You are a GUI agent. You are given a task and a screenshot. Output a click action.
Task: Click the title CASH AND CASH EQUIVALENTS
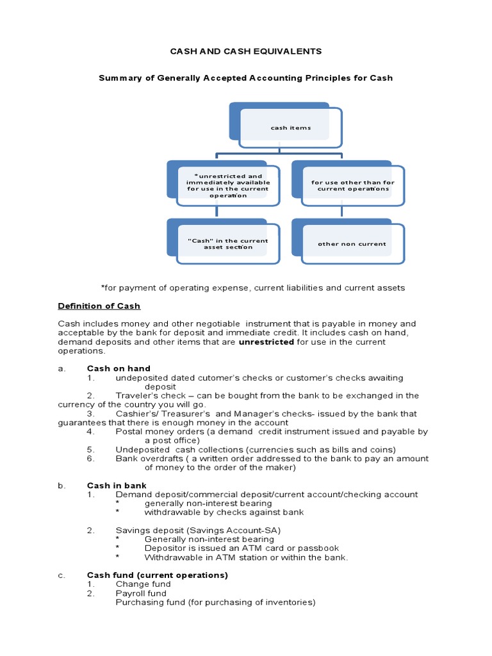pyautogui.click(x=245, y=51)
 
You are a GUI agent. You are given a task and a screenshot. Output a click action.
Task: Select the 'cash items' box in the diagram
pyautogui.click(x=285, y=124)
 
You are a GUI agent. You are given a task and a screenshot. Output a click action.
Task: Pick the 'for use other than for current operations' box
pyautogui.click(x=353, y=185)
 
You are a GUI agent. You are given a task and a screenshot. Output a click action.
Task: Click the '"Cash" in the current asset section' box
pyautogui.click(x=227, y=243)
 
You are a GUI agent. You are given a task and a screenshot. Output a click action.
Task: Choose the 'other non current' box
pyautogui.click(x=352, y=243)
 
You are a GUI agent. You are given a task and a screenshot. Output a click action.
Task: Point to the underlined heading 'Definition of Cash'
pyautogui.click(x=99, y=306)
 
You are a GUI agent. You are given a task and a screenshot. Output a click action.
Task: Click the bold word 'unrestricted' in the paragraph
pyautogui.click(x=266, y=342)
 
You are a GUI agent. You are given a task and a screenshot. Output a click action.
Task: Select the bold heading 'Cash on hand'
pyautogui.click(x=119, y=368)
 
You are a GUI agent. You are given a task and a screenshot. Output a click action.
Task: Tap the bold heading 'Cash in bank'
pyautogui.click(x=117, y=486)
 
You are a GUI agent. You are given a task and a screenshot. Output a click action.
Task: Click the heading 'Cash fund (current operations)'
pyautogui.click(x=157, y=575)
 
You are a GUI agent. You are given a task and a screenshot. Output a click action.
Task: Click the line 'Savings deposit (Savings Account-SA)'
pyautogui.click(x=198, y=530)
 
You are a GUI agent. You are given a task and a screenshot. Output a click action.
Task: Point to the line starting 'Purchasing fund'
pyautogui.click(x=215, y=602)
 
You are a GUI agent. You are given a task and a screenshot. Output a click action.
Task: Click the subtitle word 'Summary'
pyautogui.click(x=119, y=78)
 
